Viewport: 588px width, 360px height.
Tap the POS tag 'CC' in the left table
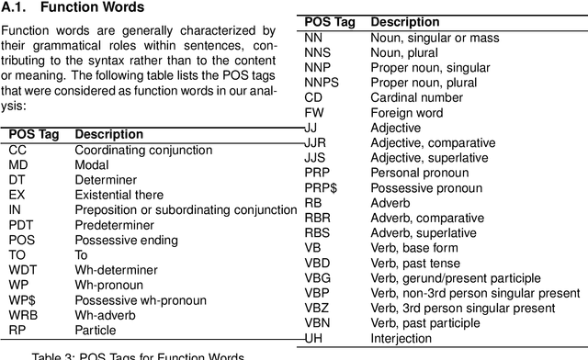pos(17,150)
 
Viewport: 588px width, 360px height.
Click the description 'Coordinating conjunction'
pos(142,150)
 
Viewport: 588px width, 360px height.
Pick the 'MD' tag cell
pos(18,164)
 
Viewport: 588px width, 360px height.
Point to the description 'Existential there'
pos(119,195)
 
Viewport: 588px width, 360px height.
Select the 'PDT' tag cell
pos(22,224)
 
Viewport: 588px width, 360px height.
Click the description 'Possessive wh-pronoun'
pos(135,299)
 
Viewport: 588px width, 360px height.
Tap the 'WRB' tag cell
pos(24,314)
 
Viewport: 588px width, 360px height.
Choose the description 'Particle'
pos(96,329)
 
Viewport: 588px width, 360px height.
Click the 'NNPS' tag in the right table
pos(322,82)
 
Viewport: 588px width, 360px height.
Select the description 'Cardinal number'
pos(418,97)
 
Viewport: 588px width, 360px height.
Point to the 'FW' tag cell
pos(314,112)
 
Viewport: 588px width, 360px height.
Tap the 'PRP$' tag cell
pos(321,187)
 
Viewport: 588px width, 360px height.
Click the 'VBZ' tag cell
pos(318,308)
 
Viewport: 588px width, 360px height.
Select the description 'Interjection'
pos(408,337)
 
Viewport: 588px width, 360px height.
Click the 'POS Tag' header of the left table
pos(34,134)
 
